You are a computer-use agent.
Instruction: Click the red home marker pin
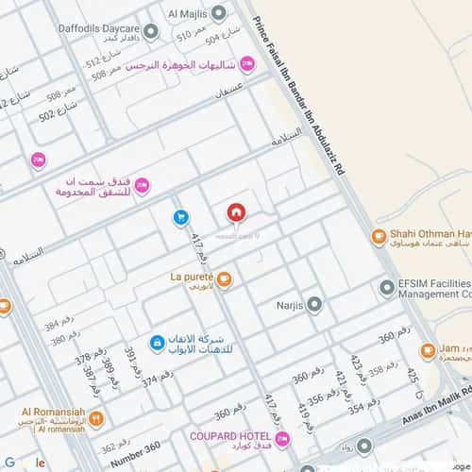point(235,211)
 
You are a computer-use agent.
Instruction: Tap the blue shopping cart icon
point(180,217)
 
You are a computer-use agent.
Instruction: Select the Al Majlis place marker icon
point(219,13)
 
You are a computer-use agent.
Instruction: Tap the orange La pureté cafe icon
point(226,278)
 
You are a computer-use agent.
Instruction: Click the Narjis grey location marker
point(314,304)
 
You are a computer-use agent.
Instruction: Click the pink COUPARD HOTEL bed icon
point(282,439)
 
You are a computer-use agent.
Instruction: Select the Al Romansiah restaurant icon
point(96,418)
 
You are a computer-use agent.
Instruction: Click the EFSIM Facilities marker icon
point(386,288)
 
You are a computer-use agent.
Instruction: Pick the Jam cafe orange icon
point(427,351)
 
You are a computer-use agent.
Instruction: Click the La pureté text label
point(192,277)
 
